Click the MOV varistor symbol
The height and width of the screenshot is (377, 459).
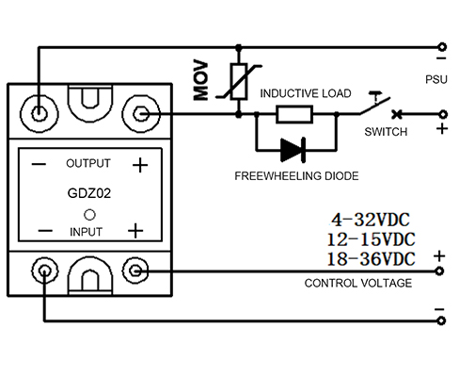(239, 82)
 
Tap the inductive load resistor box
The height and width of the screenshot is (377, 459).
(294, 114)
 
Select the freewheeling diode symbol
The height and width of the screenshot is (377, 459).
(293, 150)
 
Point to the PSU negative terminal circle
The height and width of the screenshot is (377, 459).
(442, 47)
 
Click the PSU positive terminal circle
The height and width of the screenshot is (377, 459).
(443, 114)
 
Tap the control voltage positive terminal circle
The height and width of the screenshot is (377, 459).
(439, 270)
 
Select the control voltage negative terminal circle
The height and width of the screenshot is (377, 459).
(441, 320)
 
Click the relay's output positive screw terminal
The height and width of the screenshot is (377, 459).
(141, 114)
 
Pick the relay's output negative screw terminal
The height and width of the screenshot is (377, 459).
(39, 113)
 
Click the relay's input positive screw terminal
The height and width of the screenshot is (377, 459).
(135, 270)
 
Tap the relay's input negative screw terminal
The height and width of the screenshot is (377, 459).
(45, 270)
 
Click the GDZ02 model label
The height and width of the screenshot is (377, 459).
(89, 193)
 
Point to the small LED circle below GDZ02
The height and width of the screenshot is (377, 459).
(89, 215)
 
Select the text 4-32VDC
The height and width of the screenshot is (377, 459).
(371, 220)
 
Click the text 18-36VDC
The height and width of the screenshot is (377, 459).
(371, 259)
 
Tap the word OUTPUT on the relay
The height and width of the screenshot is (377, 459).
(88, 163)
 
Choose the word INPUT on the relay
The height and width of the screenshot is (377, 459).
(86, 232)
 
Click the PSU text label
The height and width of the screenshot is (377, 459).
(436, 79)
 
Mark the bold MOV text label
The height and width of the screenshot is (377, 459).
(200, 81)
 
